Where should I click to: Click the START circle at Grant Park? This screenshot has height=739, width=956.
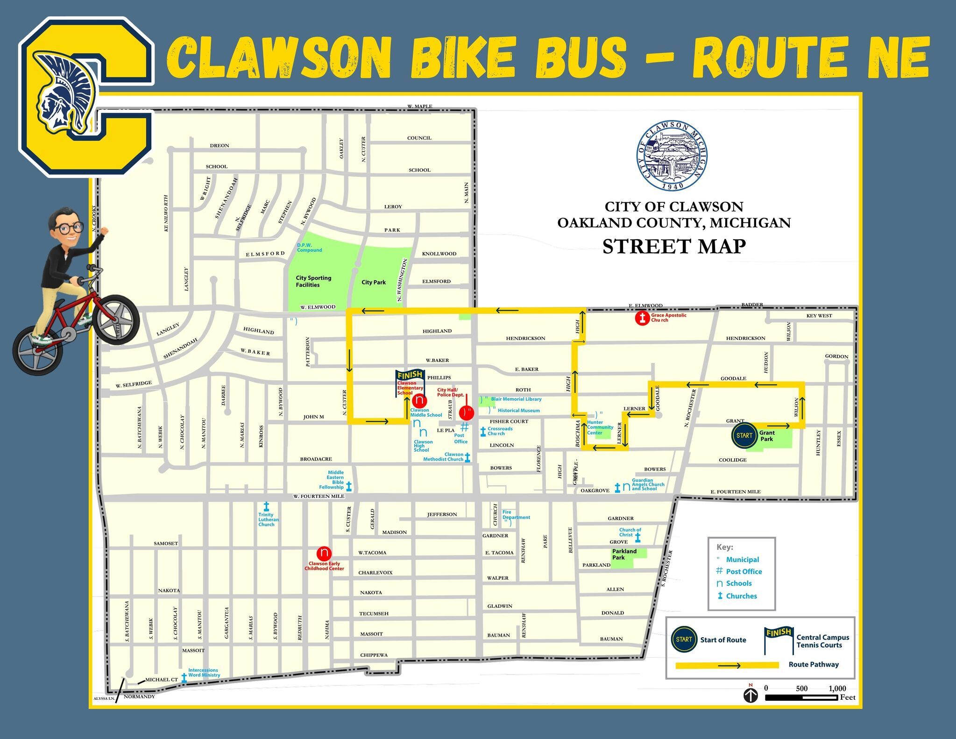click(x=744, y=435)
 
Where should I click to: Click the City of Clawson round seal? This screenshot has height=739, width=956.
click(x=672, y=156)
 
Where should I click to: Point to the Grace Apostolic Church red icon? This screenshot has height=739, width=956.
click(x=643, y=319)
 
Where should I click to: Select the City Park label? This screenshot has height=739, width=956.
click(x=374, y=282)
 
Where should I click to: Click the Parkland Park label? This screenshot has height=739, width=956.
click(x=624, y=554)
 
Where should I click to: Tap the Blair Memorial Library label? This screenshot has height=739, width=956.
click(x=516, y=399)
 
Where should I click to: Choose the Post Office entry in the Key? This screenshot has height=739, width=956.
click(x=744, y=571)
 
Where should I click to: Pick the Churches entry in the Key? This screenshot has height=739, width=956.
click(x=741, y=596)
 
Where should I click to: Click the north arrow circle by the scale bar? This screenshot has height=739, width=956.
click(x=751, y=696)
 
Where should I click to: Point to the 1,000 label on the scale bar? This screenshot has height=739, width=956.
click(x=837, y=688)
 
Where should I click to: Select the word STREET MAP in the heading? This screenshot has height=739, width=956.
click(x=674, y=247)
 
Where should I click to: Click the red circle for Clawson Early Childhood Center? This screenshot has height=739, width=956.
click(x=324, y=554)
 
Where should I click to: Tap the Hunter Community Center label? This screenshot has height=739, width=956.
click(x=600, y=427)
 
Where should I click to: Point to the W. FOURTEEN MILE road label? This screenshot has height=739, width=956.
click(x=319, y=496)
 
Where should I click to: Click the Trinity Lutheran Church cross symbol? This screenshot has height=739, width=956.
click(x=266, y=506)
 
